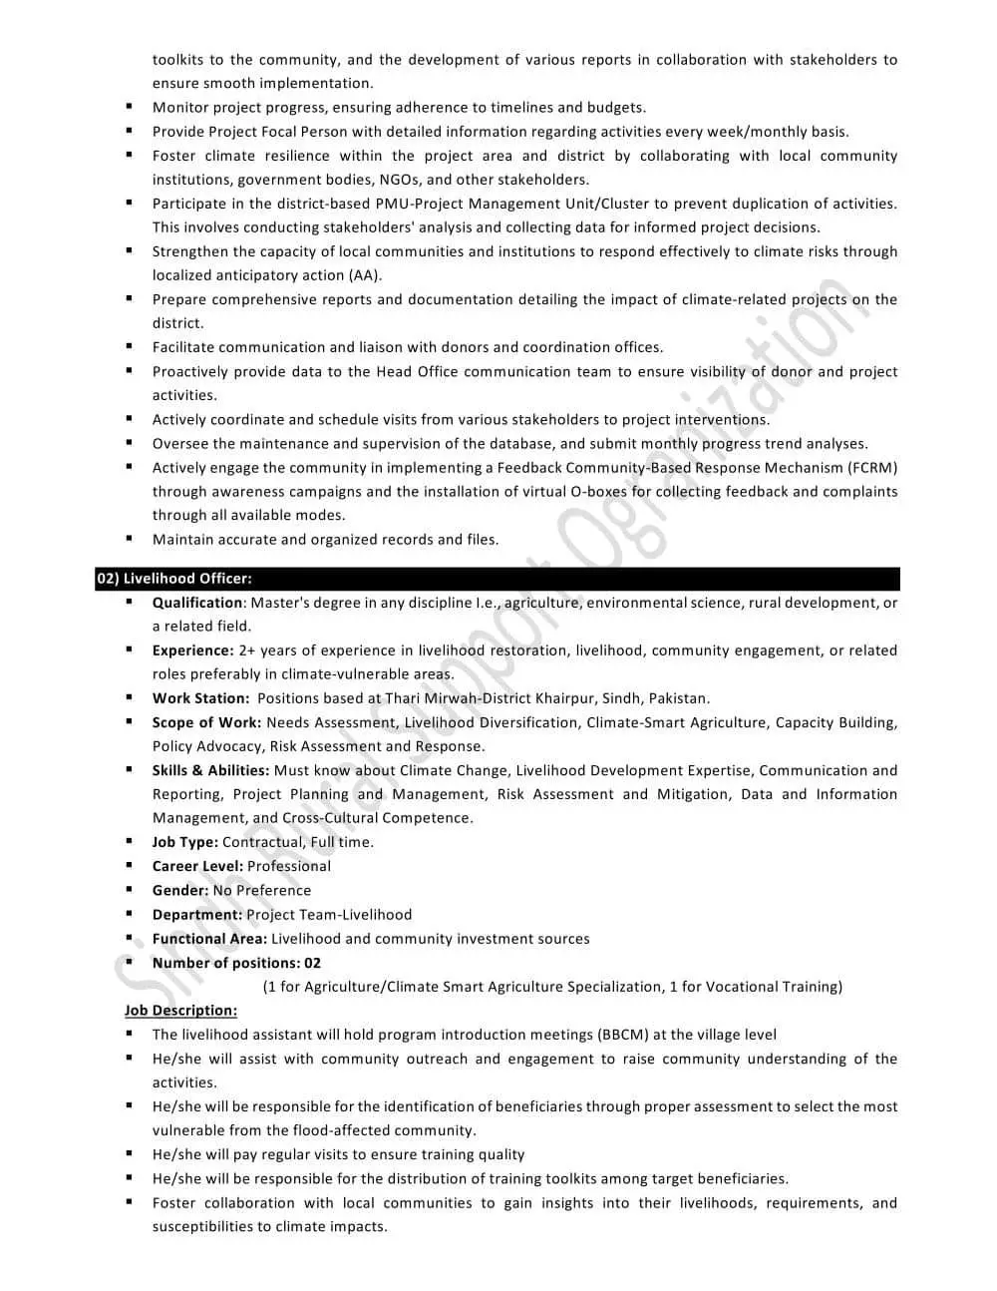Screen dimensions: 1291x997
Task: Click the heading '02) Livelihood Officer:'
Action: coord(173,579)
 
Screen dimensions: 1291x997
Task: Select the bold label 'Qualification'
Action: coord(197,603)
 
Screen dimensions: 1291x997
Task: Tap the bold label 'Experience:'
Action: coord(192,650)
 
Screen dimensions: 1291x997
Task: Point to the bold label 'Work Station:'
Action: coord(200,698)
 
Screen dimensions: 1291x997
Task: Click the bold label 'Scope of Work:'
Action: coord(206,722)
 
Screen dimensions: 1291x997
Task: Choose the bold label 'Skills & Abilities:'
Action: coord(210,770)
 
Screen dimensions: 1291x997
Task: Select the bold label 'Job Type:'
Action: coord(184,842)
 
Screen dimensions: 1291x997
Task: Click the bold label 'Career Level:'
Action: coord(197,866)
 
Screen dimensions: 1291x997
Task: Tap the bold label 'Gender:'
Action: coord(180,890)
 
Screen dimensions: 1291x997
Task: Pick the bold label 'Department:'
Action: coord(197,914)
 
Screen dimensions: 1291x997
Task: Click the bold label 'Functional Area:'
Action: coord(209,939)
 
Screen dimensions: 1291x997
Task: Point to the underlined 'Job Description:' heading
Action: coord(180,1011)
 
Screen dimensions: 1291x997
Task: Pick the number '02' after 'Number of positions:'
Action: coord(312,963)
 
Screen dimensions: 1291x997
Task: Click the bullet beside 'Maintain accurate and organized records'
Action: coord(130,539)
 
